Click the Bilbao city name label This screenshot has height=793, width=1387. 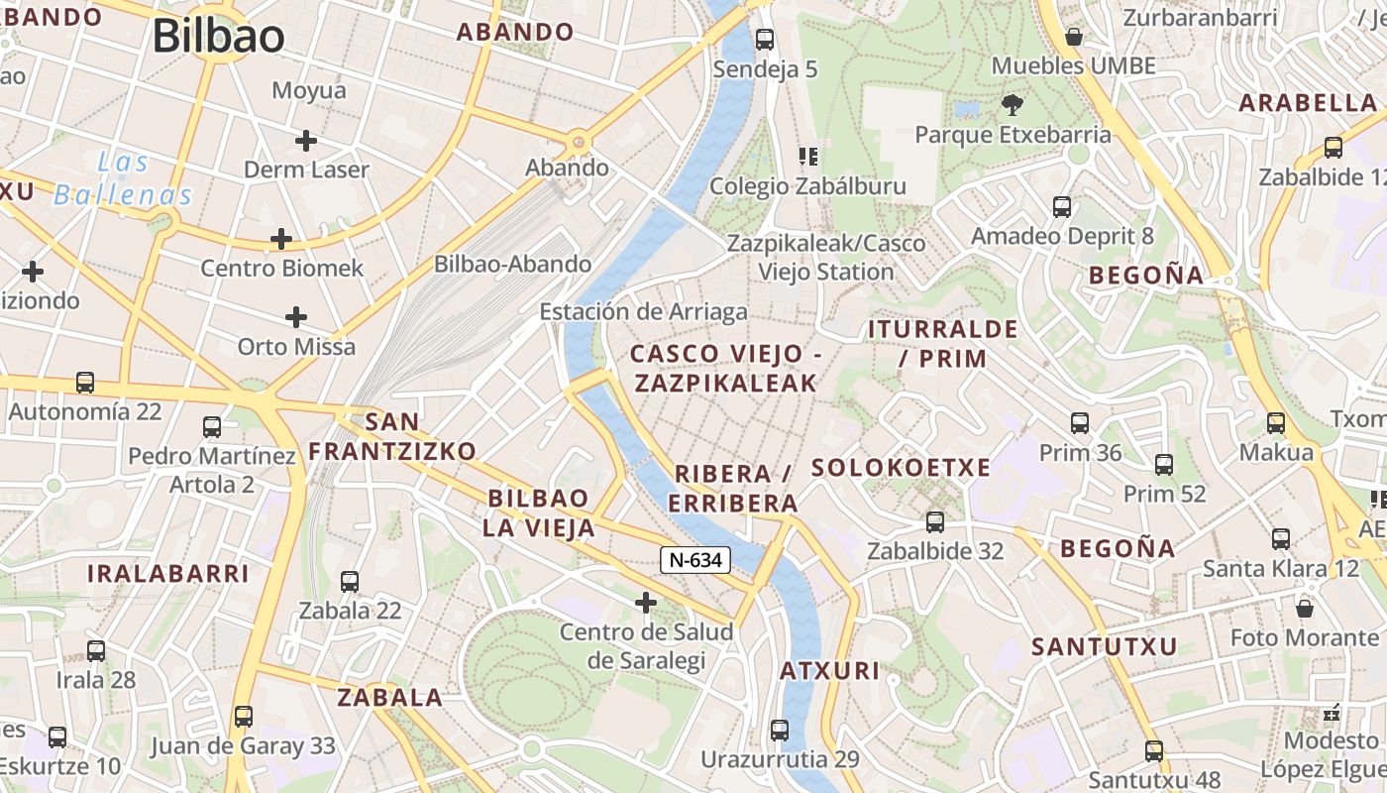point(218,36)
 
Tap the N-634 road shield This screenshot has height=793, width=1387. point(695,560)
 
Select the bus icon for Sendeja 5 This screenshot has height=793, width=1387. point(764,40)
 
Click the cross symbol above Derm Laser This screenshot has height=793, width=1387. point(306,141)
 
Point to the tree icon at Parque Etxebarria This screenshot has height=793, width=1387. point(1012,104)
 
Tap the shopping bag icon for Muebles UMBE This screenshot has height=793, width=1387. point(1073,38)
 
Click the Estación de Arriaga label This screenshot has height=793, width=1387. point(643,312)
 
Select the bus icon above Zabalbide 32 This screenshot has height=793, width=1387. point(934,522)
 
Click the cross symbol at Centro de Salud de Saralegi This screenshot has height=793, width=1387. point(646,602)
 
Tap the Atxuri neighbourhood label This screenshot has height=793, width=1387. point(829,671)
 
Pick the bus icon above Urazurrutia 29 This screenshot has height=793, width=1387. point(780,731)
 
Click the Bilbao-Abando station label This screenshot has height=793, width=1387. point(512,264)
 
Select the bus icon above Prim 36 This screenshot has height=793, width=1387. point(1080,423)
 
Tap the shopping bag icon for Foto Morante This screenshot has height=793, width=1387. point(1305,608)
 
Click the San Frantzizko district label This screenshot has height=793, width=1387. point(392,436)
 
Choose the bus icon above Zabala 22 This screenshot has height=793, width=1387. point(350,582)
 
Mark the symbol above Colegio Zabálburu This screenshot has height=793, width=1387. point(807,157)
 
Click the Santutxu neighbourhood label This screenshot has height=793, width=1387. point(1104,647)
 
